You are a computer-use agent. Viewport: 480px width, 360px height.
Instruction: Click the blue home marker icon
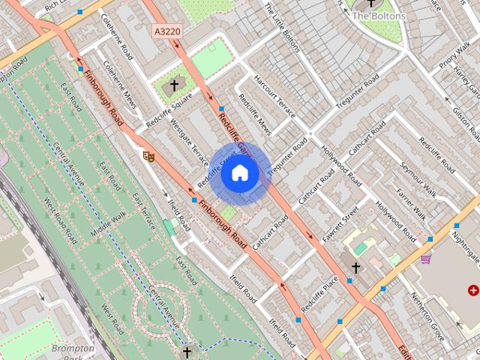(239, 173)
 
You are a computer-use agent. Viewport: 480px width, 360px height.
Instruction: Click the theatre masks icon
(148, 156)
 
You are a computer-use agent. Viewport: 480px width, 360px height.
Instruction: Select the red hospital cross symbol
(473, 289)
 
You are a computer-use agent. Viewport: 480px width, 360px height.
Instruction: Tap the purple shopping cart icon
(426, 259)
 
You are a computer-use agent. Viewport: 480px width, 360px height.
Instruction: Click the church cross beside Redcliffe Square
(175, 85)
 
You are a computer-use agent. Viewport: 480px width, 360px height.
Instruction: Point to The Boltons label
(379, 16)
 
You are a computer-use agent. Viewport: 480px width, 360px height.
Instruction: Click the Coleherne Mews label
(121, 84)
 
